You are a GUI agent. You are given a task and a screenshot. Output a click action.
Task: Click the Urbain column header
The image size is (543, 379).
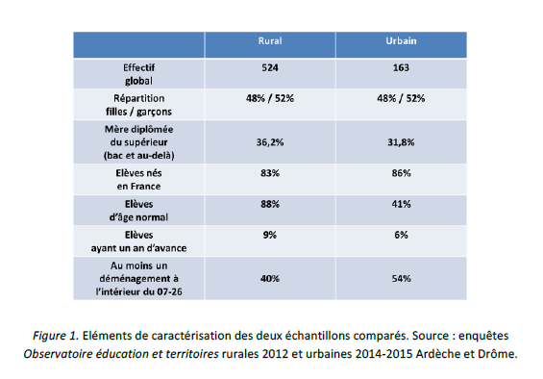tap(401, 43)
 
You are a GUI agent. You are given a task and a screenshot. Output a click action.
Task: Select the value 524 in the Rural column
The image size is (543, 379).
tap(269, 68)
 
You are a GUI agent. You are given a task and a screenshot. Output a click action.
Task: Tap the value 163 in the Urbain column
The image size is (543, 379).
tap(401, 68)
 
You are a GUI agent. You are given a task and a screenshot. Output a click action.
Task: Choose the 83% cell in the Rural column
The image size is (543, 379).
tap(269, 173)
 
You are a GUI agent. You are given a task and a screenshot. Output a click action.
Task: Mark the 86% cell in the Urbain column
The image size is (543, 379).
tap(401, 173)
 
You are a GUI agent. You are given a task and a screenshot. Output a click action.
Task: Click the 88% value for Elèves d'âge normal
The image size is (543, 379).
tap(269, 204)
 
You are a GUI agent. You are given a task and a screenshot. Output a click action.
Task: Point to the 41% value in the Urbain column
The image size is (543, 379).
tap(401, 204)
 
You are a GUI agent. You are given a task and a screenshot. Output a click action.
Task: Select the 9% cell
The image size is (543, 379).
tap(269, 234)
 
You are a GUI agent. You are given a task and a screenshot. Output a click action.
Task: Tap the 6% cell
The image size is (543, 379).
tap(401, 234)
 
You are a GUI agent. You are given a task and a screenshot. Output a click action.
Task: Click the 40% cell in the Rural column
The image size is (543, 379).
tap(269, 278)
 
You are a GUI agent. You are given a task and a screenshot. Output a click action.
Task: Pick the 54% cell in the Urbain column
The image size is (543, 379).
tap(401, 278)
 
